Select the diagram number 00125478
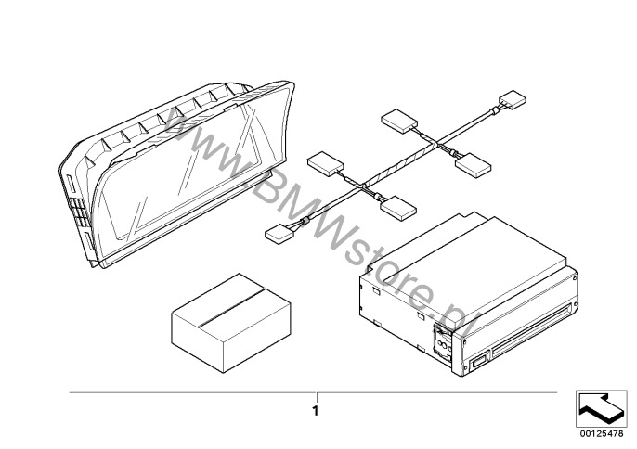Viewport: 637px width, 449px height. (601, 431)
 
